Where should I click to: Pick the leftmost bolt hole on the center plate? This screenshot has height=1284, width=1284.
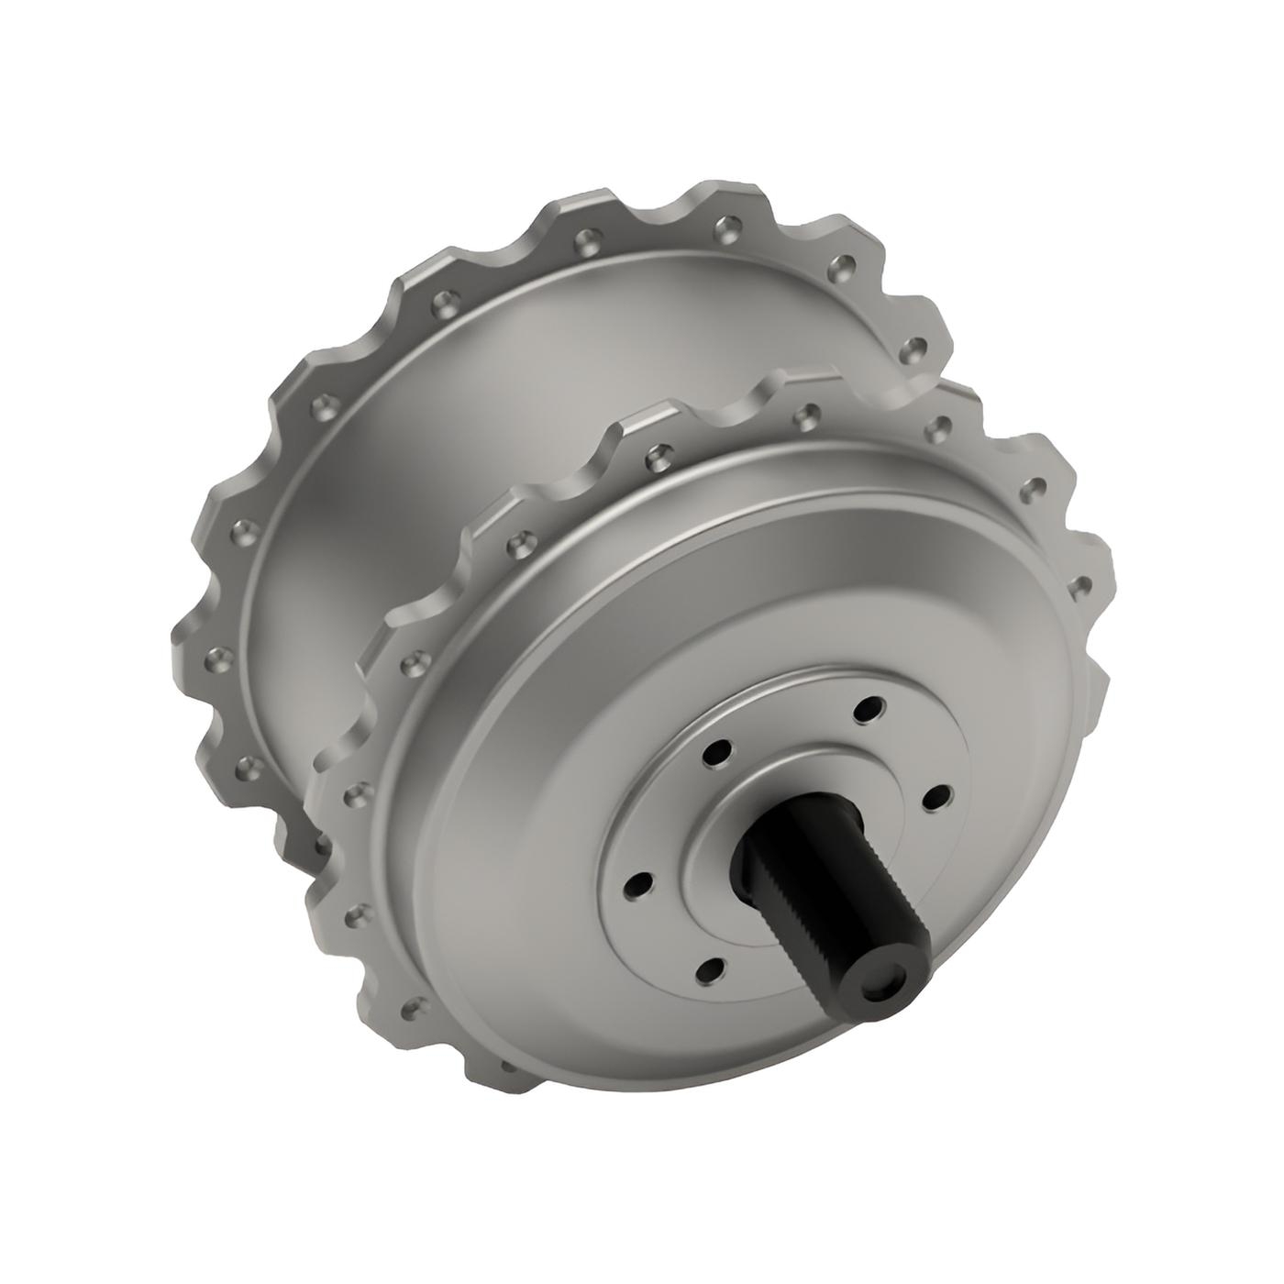(x=636, y=885)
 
